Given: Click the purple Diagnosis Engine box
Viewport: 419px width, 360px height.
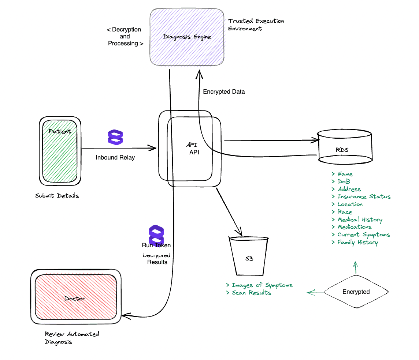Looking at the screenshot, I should coord(187,37).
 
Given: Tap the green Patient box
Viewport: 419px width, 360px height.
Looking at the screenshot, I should coord(60,151).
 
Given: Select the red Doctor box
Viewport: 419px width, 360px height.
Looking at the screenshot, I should coord(76,297).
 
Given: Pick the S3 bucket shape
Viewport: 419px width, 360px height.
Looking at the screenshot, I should coord(249,256).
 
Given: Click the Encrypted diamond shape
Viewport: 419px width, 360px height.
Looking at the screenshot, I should coord(356,292).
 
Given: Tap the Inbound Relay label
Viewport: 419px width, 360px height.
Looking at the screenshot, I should coord(115,158).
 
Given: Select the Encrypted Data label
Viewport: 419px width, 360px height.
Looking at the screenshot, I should coord(224,92).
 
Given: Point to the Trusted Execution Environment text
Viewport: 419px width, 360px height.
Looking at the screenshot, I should coord(256,25).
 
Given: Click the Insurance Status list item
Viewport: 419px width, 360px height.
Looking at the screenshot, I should coord(363,197).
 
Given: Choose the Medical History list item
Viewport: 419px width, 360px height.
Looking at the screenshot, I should coord(359,220).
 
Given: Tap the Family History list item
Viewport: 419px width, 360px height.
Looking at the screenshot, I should coord(357,242).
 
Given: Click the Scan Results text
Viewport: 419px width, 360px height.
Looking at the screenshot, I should coord(251,293).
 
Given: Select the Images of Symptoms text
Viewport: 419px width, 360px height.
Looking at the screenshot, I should coord(262,285).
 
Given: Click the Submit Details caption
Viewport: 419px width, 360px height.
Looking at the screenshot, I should coord(57,196).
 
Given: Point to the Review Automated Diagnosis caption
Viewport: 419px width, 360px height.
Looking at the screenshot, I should coord(71,338).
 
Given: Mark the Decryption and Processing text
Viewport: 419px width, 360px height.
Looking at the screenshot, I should coord(125,37).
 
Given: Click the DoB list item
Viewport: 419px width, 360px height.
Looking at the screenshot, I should coord(344,181).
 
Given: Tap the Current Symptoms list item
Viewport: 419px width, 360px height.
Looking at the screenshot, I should coord(363,235).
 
